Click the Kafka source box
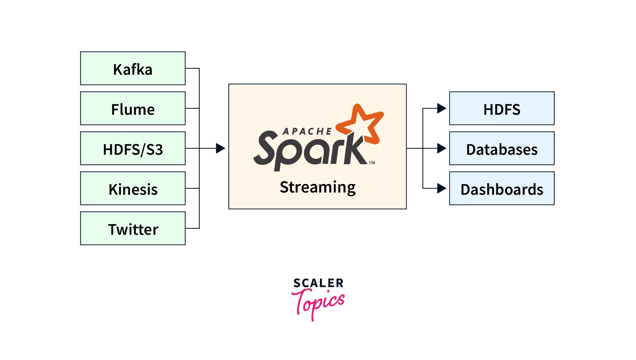tap(133, 68)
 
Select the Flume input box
tap(133, 108)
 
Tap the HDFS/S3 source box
tap(133, 148)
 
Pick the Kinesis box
tap(133, 188)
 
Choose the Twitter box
tap(133, 228)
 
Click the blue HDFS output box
tap(502, 108)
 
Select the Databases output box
tap(502, 148)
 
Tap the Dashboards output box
tap(502, 188)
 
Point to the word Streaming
tap(318, 187)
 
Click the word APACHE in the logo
tap(307, 132)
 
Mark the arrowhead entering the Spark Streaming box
tap(220, 148)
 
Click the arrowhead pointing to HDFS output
tap(441, 108)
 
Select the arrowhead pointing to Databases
tap(441, 148)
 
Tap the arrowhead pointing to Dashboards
tap(441, 188)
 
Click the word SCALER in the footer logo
tap(318, 283)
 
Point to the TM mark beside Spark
tap(372, 163)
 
